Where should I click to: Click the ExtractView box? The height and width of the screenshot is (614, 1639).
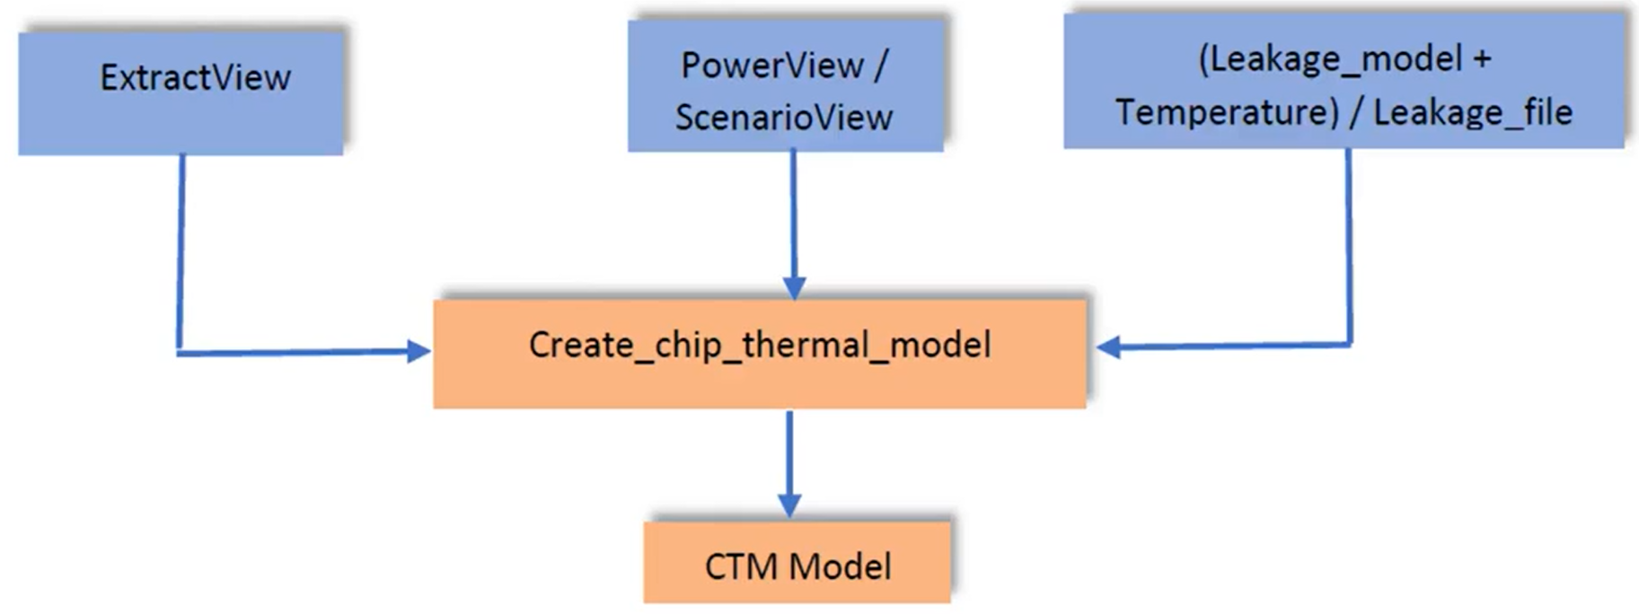[x=181, y=93]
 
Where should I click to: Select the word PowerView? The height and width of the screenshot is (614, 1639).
[x=771, y=66]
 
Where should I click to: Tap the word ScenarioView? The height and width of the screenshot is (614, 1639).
[x=783, y=118]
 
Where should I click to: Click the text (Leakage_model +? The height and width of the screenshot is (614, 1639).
[x=1344, y=59]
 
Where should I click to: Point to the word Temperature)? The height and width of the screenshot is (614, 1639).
[x=1227, y=113]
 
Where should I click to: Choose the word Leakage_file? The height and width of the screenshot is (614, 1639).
[x=1473, y=113]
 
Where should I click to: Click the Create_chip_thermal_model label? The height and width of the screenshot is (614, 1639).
[x=760, y=346]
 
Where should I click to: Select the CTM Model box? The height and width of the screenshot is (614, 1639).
[x=797, y=563]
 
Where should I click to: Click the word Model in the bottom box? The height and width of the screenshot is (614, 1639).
[x=841, y=567]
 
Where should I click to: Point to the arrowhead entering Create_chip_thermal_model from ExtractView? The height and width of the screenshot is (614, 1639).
[x=419, y=351]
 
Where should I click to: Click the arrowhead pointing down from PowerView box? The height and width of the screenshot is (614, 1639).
[x=794, y=287]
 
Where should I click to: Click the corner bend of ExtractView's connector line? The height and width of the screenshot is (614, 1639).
[x=180, y=353]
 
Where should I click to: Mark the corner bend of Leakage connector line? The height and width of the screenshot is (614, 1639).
[x=1350, y=343]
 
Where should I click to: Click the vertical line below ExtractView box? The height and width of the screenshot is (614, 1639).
[x=181, y=251]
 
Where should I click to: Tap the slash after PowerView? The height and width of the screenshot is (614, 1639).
[x=880, y=66]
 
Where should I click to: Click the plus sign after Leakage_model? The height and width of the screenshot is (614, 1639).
[x=1482, y=59]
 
